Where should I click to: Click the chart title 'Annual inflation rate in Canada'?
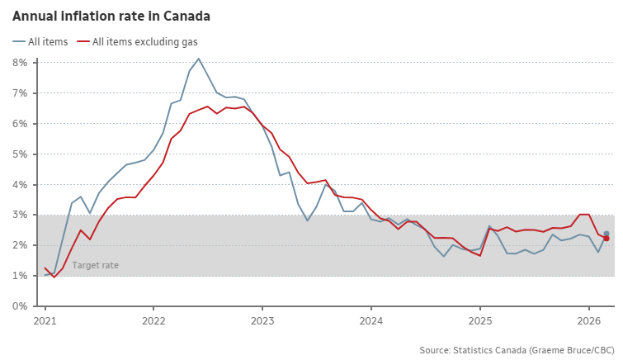pyautogui.click(x=111, y=16)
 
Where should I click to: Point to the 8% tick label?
pyautogui.click(x=21, y=63)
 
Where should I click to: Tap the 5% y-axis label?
pyautogui.click(x=21, y=154)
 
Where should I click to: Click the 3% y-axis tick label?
pyautogui.click(x=21, y=215)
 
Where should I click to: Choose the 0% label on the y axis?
pyautogui.click(x=21, y=306)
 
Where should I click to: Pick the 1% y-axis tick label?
pyautogui.click(x=21, y=276)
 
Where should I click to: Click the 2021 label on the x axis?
pyautogui.click(x=45, y=320)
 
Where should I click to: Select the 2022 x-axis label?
pyautogui.click(x=153, y=320)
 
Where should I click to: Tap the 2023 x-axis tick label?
pyautogui.click(x=262, y=320)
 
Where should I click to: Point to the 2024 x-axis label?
pyautogui.click(x=371, y=320)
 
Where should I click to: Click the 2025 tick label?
pyautogui.click(x=480, y=320)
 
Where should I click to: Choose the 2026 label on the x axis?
pyautogui.click(x=589, y=320)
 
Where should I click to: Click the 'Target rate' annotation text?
pyautogui.click(x=95, y=265)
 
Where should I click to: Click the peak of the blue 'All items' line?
pyautogui.click(x=199, y=59)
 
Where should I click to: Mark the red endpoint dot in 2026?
pyautogui.click(x=606, y=239)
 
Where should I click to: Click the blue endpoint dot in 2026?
pyautogui.click(x=606, y=234)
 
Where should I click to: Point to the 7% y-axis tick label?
pyautogui.click(x=21, y=93)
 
